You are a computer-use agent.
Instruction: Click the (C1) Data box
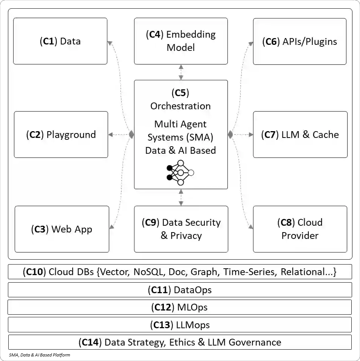point(60,41)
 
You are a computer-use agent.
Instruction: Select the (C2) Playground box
point(61,135)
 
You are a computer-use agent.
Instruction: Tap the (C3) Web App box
point(62,229)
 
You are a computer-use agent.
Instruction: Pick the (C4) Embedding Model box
point(181,41)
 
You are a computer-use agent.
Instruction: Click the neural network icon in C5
point(180,173)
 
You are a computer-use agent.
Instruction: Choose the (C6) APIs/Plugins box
point(299,41)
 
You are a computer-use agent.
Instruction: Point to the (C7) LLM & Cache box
point(300,135)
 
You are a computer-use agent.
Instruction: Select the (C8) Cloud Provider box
point(300,229)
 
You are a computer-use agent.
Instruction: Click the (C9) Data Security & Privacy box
point(181,229)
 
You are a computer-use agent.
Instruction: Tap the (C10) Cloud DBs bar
point(180,272)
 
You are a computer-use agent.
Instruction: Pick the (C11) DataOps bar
point(180,290)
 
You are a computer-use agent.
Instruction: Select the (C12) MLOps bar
point(180,307)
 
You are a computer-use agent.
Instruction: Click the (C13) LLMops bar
point(180,324)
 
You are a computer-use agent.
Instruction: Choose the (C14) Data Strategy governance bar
point(180,342)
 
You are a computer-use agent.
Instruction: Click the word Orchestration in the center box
point(180,106)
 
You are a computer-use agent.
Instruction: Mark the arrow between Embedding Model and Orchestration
point(181,72)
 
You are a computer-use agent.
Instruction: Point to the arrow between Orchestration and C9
point(181,197)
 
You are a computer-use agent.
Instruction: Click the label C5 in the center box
point(180,93)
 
